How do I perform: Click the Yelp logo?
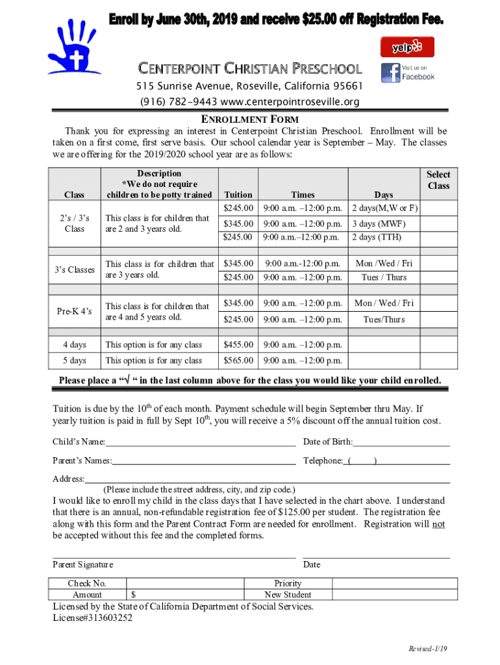(x=406, y=47)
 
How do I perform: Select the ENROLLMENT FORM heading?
(x=249, y=119)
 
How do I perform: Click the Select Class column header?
(x=438, y=180)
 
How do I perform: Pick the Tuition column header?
(x=238, y=194)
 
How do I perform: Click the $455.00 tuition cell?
(x=238, y=345)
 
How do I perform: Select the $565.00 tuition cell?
(x=238, y=360)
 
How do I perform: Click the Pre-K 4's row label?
(x=74, y=312)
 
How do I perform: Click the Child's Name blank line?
(x=200, y=444)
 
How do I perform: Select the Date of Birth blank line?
(x=401, y=444)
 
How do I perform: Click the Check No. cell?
(x=87, y=583)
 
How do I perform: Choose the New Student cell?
(x=288, y=594)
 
